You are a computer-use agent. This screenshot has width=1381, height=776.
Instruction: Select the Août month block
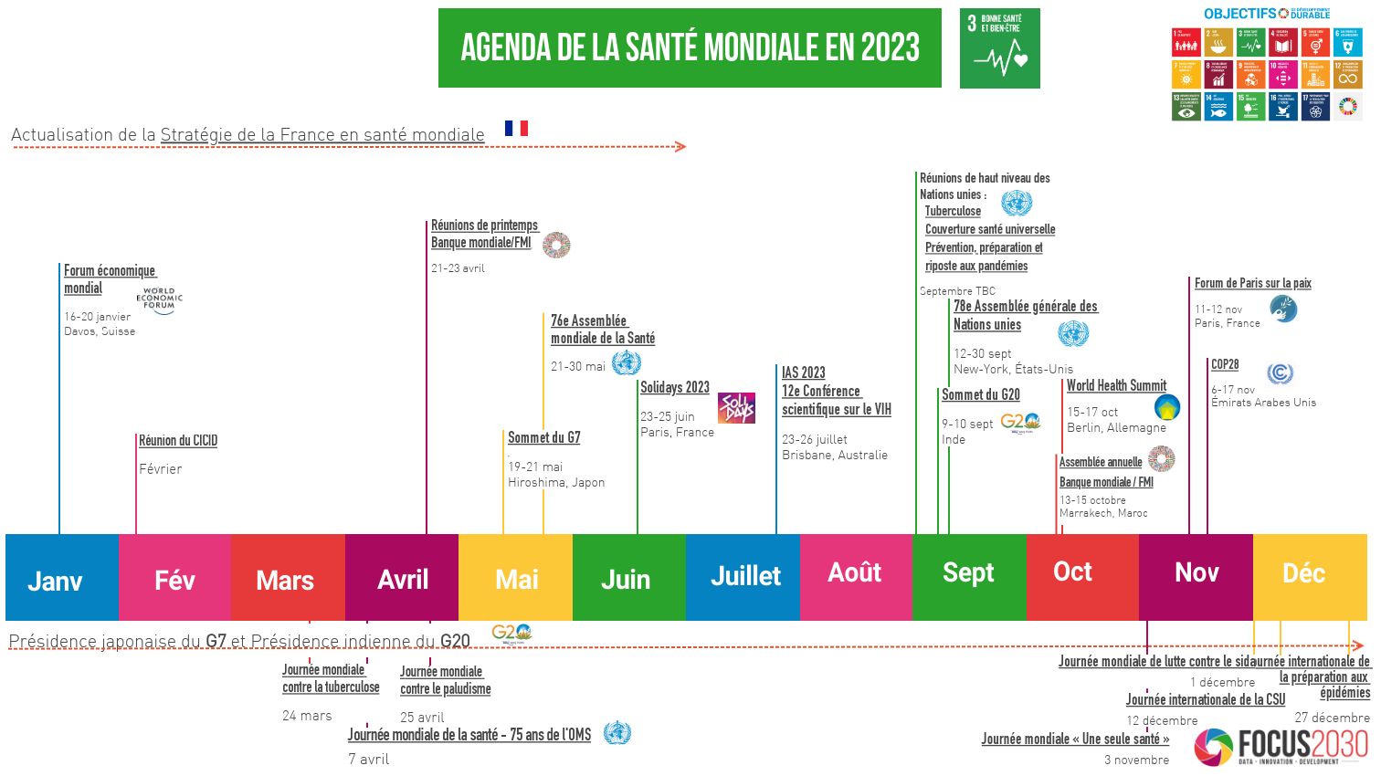pos(856,577)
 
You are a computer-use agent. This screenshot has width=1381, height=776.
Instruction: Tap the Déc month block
pos(1309,577)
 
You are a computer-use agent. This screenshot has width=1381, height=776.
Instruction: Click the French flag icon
pos(516,128)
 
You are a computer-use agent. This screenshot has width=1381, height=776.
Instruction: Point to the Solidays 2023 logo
pos(736,408)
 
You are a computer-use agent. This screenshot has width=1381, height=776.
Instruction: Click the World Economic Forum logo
pos(160,300)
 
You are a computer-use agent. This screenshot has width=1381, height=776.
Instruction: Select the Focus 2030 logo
pos(1281,747)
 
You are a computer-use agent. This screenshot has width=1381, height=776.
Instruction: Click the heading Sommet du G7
pos(544,438)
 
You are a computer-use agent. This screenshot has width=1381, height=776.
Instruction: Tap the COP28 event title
pos(1225,364)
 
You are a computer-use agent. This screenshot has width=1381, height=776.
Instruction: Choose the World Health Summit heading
pos(1116,386)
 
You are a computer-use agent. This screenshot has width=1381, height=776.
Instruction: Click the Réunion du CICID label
pos(178,441)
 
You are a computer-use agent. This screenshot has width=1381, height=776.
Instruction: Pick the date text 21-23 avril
pos(458,268)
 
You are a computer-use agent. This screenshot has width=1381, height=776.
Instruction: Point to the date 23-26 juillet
pos(815,439)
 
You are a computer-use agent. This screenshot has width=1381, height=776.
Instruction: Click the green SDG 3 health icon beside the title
pos(999,48)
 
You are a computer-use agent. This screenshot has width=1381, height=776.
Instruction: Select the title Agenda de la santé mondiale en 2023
pos(690,48)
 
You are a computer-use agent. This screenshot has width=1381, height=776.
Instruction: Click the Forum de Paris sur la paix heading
pos(1252,283)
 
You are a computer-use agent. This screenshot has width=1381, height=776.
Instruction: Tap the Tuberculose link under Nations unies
pos(953,211)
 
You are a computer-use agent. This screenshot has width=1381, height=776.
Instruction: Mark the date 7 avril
pos(368,759)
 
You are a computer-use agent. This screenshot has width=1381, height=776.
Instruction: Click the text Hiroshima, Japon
pos(556,482)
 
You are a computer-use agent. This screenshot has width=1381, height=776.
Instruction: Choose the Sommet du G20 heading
pos(981,395)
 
